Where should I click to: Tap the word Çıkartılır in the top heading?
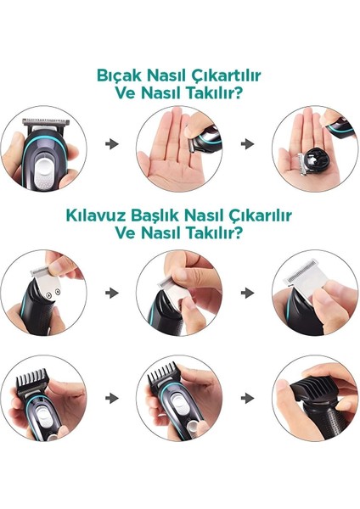pos(227,76)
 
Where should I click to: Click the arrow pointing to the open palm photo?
pos(111,144)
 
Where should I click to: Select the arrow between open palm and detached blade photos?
pos(248,144)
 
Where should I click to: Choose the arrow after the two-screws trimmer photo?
pos(111,292)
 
